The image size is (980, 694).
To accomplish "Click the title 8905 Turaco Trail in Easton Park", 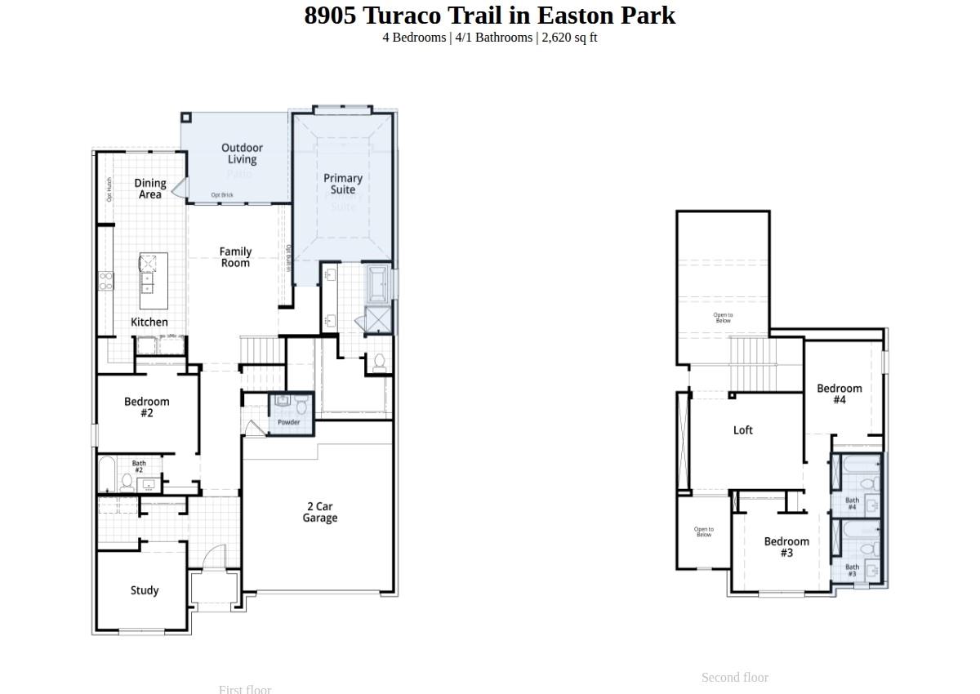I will click(490, 16).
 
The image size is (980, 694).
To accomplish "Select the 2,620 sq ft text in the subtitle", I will click(569, 38).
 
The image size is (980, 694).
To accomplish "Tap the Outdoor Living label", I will click(242, 153).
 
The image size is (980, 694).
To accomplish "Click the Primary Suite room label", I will click(343, 184).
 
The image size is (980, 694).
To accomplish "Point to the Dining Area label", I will click(150, 189).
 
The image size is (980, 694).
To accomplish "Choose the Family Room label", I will click(235, 257).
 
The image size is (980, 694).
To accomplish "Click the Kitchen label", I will click(149, 323).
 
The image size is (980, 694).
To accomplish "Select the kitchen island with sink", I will click(153, 280).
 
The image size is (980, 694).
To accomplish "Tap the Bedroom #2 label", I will click(147, 407).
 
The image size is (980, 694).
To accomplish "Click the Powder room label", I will click(289, 422).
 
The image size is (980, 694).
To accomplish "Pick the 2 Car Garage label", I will click(319, 512).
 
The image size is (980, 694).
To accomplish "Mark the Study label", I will click(145, 590).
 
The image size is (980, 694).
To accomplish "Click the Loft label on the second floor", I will click(743, 430).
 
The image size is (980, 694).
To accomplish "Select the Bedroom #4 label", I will click(840, 394).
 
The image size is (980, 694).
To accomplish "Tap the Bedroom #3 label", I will click(786, 547).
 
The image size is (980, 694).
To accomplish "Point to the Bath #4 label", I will click(852, 504).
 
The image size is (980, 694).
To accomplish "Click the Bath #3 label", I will click(852, 570).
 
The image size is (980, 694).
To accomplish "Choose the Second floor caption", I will click(734, 678).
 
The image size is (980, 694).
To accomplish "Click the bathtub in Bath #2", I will click(107, 475).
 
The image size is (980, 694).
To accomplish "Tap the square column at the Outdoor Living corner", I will click(186, 118).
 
